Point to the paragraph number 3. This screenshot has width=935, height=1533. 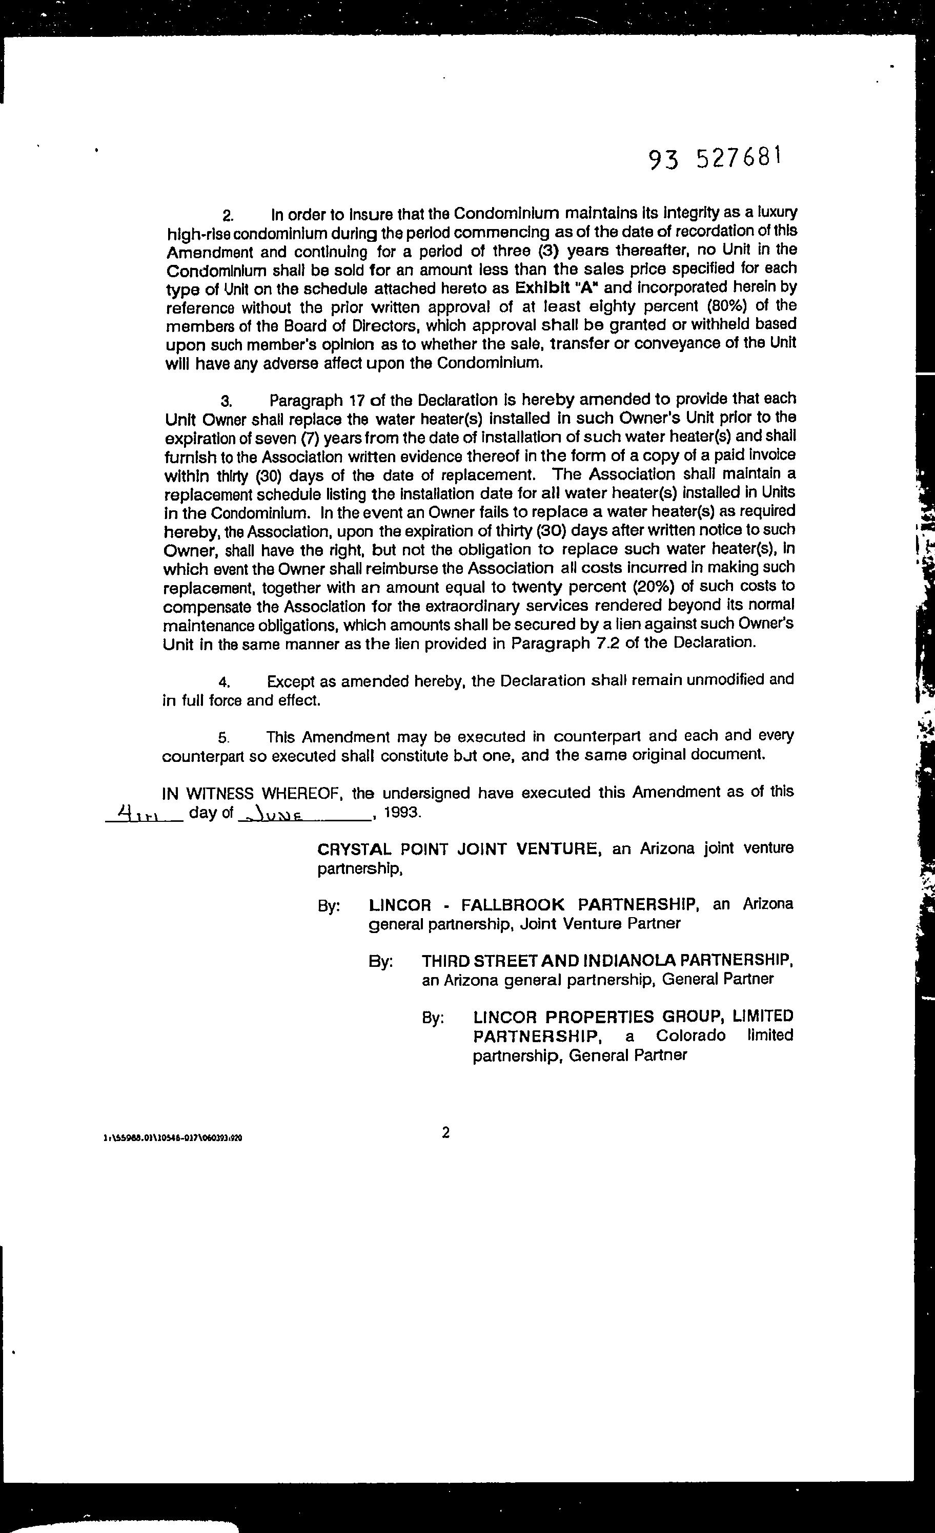click(x=226, y=401)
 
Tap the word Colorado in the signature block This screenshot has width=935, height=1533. click(x=690, y=1036)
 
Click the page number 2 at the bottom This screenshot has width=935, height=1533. click(x=445, y=1133)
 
